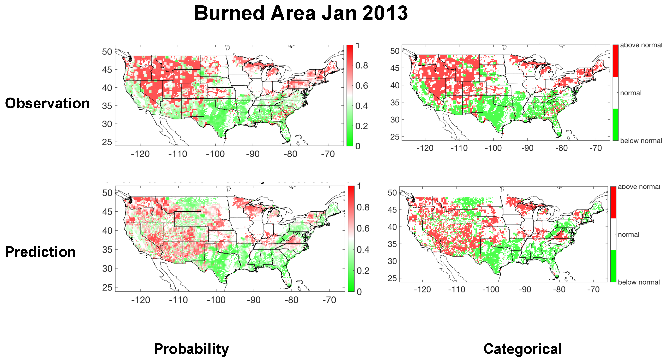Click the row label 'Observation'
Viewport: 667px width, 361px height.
47,103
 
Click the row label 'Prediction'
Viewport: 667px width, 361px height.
40,252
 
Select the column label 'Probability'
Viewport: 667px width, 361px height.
191,349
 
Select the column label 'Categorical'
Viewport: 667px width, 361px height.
522,349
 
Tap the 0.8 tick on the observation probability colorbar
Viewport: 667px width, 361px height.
362,66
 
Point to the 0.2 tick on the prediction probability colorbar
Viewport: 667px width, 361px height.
363,271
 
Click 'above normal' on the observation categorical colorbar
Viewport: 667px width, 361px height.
641,45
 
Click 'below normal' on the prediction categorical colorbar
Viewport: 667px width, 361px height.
639,282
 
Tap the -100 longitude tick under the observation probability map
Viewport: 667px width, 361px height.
215,154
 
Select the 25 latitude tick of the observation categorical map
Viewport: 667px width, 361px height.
395,137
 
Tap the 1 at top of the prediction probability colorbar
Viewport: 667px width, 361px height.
359,186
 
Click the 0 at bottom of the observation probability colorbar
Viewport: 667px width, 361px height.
358,146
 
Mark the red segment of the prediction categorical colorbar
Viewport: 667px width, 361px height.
613,202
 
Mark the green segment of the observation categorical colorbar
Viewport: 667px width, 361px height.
615,125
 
